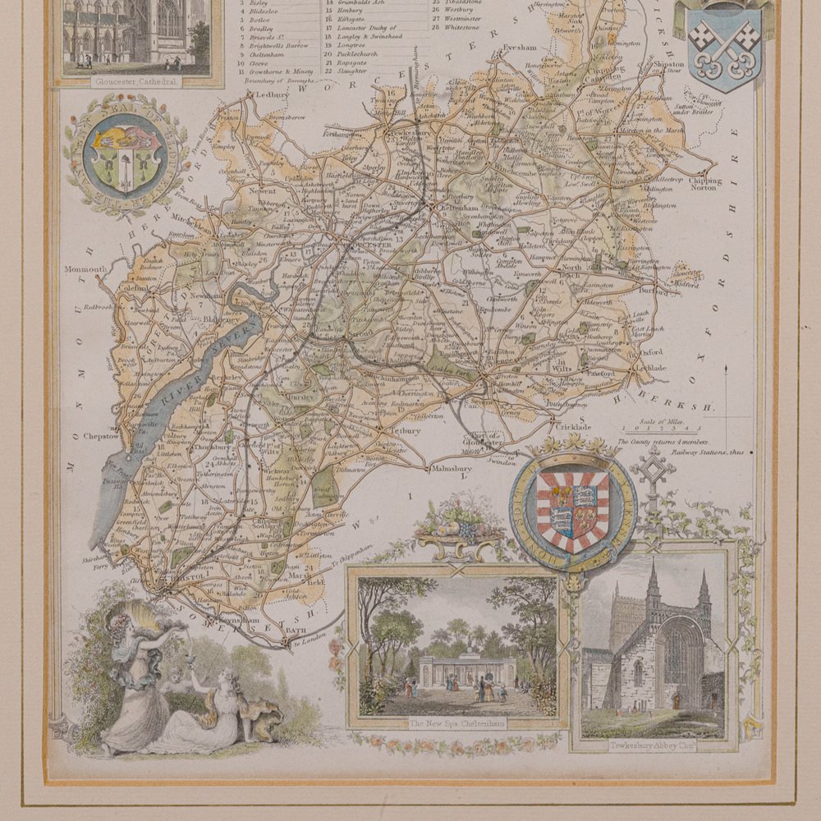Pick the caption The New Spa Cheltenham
tap(456, 723)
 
